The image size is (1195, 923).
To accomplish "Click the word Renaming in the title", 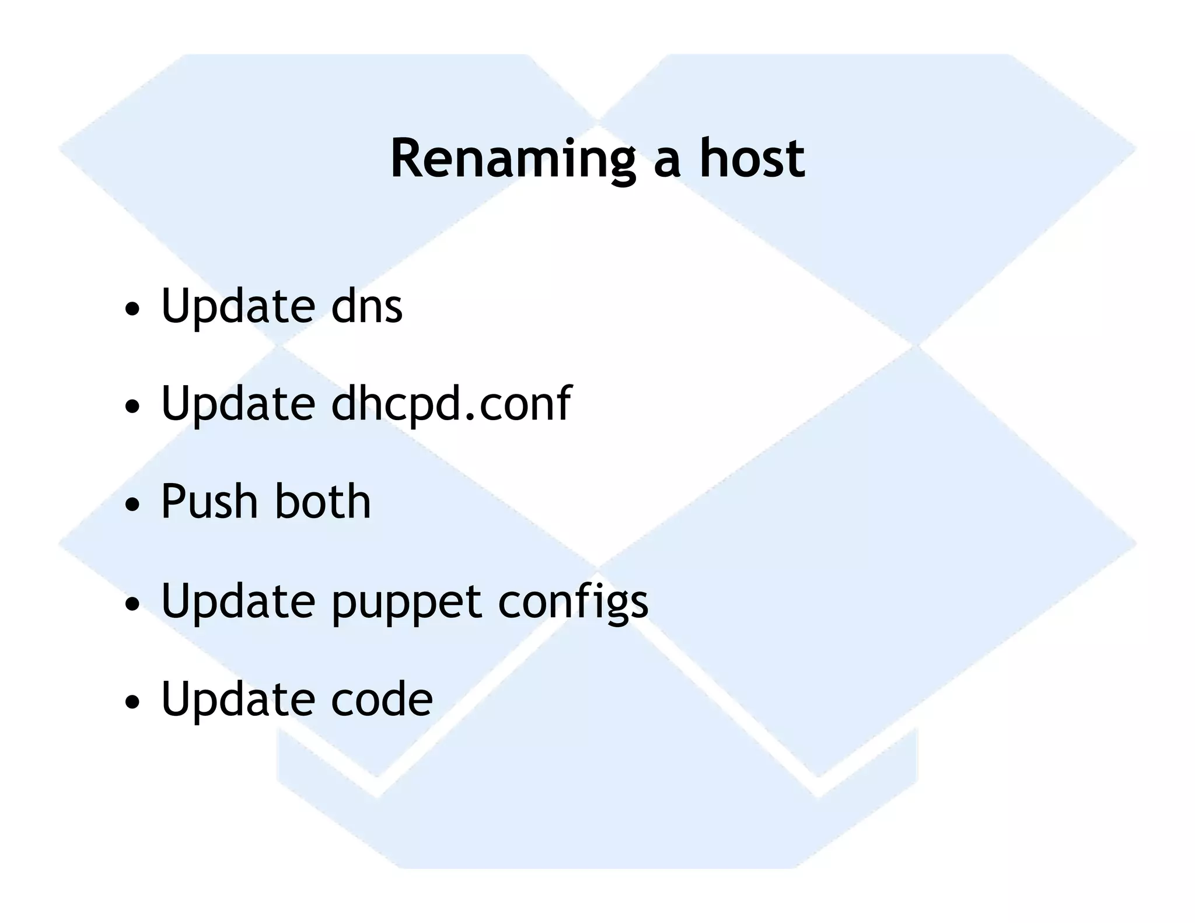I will tap(512, 159).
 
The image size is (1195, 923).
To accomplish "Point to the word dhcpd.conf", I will tap(450, 404).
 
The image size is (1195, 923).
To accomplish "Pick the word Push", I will tap(209, 502).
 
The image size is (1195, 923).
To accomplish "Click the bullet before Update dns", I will tap(132, 308).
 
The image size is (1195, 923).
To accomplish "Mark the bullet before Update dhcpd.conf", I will tap(132, 407).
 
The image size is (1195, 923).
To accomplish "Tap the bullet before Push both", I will tap(132, 505).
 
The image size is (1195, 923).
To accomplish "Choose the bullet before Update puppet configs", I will tap(132, 603).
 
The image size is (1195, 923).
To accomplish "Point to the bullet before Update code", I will tap(132, 701).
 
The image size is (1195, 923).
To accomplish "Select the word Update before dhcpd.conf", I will tap(238, 404).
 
